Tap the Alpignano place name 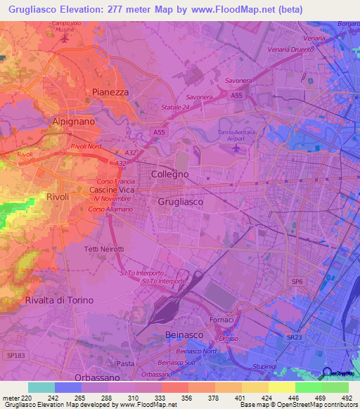74,121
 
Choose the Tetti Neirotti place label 104,249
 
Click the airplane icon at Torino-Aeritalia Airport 236,148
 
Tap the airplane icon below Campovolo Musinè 65,38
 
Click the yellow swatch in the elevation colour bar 281,387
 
